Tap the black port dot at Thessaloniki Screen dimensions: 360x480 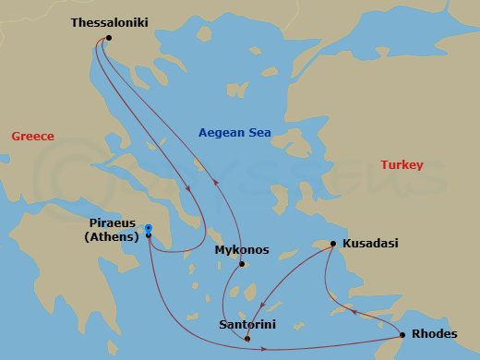coord(109,38)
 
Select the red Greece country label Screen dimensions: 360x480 coord(32,137)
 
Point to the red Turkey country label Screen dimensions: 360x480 coord(402,165)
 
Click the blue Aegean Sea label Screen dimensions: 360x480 coord(234,133)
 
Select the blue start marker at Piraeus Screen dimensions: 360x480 coord(148,229)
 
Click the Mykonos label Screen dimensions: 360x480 coord(241,250)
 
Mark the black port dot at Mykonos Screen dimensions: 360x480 coord(241,265)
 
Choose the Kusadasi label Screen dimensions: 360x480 coord(370,243)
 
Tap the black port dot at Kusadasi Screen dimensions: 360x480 coord(333,244)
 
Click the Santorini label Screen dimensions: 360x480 coord(247,324)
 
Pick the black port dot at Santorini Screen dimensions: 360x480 coord(247,339)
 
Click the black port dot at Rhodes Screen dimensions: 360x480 coord(402,334)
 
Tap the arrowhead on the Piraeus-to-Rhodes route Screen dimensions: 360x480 coord(265,349)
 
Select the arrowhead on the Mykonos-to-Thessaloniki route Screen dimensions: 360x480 coord(216,182)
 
